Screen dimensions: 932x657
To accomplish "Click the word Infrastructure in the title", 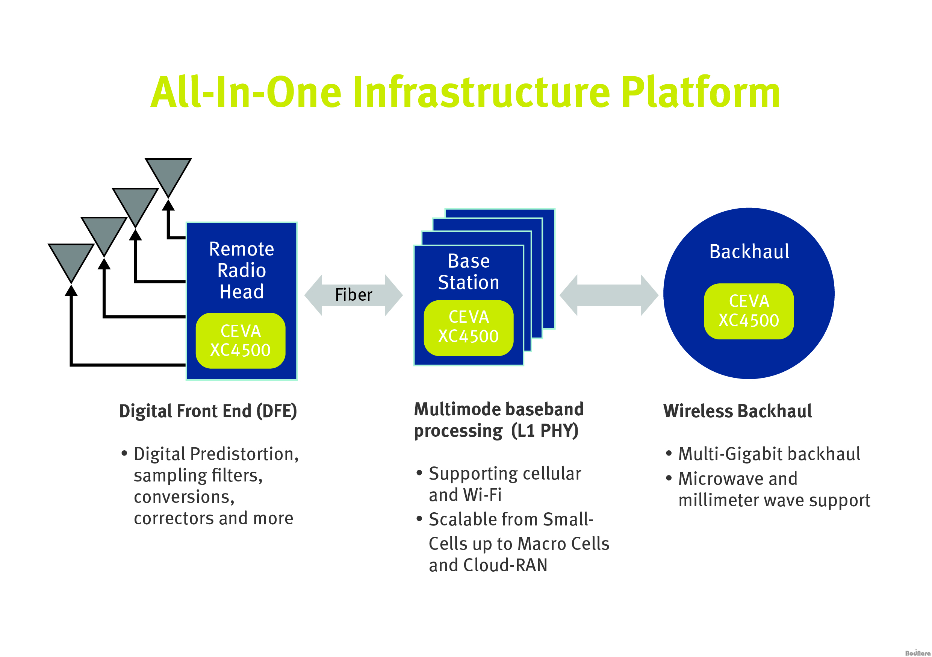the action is [x=481, y=92].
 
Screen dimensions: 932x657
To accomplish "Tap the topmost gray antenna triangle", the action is [x=168, y=175].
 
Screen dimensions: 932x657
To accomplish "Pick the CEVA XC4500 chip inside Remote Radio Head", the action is [x=240, y=341].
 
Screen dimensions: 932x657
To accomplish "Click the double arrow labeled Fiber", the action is [x=354, y=295].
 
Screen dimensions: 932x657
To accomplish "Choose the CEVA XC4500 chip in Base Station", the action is [x=468, y=328].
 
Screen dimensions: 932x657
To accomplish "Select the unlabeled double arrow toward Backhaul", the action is [x=609, y=295].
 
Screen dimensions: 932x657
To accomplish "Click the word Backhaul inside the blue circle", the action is [x=749, y=251].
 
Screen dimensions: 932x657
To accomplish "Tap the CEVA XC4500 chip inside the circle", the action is [x=749, y=312].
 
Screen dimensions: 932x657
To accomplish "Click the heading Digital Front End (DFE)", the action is [x=208, y=411].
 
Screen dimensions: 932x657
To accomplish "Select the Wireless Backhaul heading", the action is [x=738, y=411].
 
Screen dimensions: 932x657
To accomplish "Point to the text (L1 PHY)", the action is [x=545, y=430].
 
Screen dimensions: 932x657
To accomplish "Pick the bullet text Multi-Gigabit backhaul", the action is [x=769, y=454].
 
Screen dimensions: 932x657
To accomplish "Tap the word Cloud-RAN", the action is [x=505, y=565].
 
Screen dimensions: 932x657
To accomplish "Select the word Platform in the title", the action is [x=700, y=92].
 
